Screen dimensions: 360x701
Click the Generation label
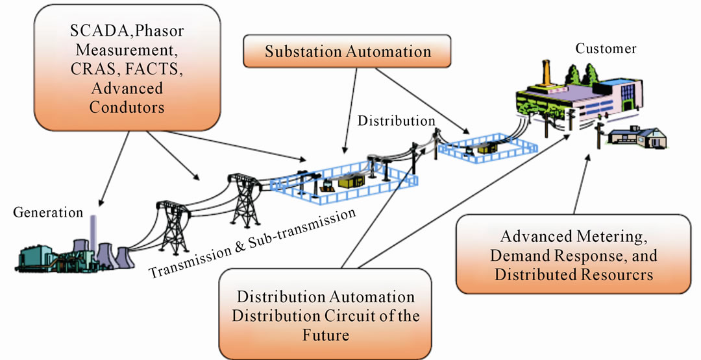48,213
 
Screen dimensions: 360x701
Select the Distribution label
397,121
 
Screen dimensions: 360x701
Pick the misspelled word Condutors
127,106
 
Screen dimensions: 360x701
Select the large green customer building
571,97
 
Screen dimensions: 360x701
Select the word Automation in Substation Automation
386,52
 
